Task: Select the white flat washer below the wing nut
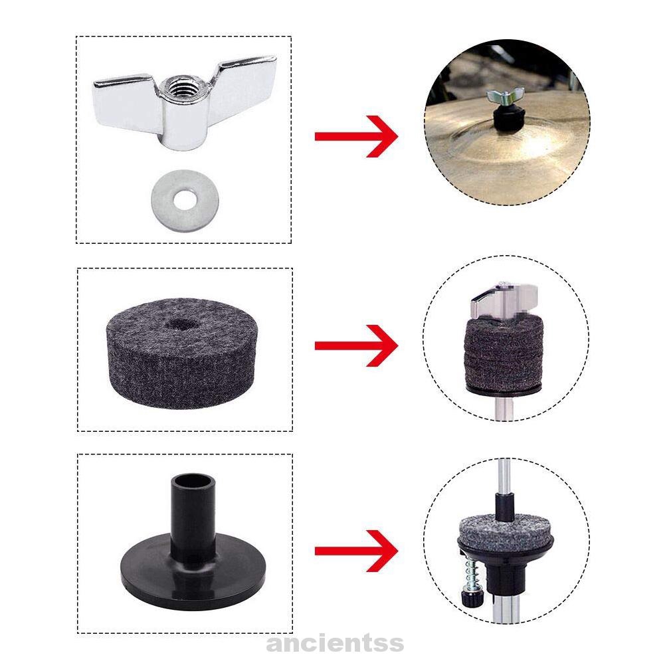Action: [x=183, y=200]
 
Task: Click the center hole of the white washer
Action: [x=183, y=199]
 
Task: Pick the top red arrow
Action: [x=356, y=136]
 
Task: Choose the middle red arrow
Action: [x=356, y=345]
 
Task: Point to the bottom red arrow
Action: [x=356, y=551]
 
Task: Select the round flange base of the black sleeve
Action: [x=193, y=573]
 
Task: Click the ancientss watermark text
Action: [x=335, y=642]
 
